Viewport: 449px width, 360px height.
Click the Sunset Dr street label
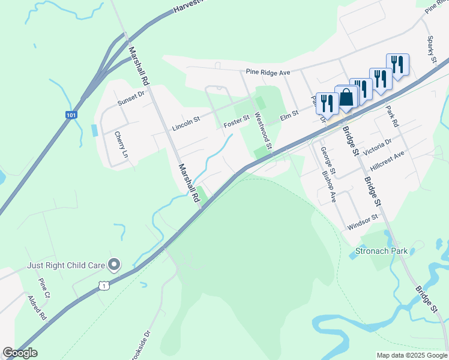[131, 98]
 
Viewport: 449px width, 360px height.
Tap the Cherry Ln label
[121, 145]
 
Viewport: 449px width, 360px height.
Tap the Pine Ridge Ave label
[268, 72]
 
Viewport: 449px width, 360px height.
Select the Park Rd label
[392, 115]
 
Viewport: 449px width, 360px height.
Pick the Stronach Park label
[381, 251]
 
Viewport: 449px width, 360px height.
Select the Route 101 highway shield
[71, 115]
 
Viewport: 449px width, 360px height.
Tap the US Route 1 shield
[104, 286]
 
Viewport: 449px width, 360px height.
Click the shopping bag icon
[347, 98]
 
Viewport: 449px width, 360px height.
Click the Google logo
[20, 352]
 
